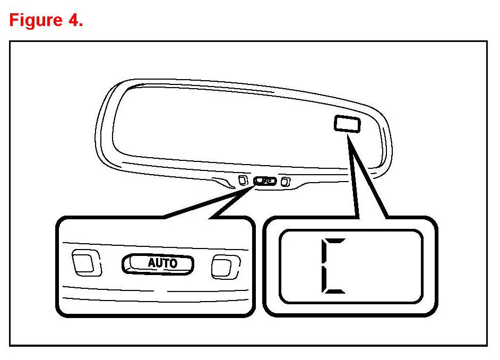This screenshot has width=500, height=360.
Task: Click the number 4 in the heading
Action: coord(73,21)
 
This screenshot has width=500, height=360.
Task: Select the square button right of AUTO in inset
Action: coord(225,266)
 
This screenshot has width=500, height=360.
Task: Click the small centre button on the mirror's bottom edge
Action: coord(265,181)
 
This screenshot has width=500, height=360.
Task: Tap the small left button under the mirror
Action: coord(243,179)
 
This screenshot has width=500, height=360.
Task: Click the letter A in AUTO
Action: coord(151,263)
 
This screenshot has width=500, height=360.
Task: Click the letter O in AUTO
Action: coord(173,263)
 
